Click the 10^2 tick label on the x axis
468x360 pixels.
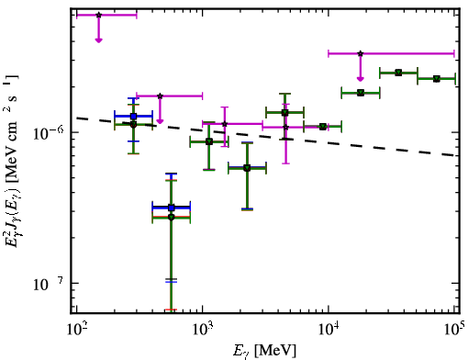76,329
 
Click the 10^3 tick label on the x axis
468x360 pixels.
202,329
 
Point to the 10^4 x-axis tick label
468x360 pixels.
329,329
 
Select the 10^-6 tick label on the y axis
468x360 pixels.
49,132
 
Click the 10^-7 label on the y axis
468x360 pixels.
49,284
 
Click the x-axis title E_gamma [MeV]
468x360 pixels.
265,351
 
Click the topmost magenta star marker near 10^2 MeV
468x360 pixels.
98,15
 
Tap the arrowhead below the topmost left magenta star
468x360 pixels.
98,40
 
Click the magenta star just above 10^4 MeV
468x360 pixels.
361,53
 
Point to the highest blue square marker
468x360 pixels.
133,116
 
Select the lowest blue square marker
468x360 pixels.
172,208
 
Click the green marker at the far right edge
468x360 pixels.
437,79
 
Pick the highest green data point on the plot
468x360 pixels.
398,73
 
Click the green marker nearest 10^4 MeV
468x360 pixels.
323,127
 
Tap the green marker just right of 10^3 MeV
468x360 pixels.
209,141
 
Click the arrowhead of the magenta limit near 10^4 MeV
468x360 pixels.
361,79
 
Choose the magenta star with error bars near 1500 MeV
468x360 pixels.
225,124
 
